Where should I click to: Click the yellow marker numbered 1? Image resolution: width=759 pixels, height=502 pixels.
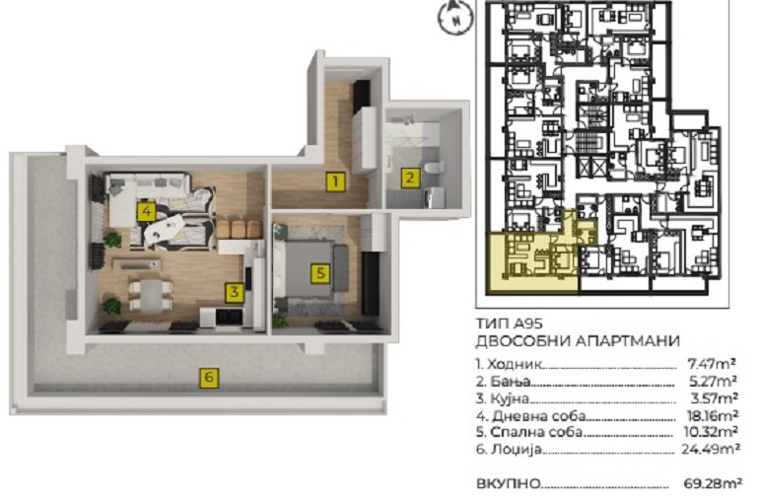point(335,181)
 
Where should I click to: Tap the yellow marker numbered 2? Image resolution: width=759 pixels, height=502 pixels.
point(410,178)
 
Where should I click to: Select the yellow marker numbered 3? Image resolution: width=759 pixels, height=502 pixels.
point(235,292)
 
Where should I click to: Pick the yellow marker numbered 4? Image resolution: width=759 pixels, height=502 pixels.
point(146,211)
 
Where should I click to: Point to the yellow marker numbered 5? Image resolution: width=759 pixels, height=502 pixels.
point(320,273)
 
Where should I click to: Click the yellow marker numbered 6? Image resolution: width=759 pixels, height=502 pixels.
point(209,377)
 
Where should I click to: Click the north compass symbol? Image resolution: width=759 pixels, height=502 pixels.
point(455,18)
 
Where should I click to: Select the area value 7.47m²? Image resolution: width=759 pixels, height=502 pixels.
point(712,363)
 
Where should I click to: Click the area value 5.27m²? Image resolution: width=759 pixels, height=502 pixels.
point(714,381)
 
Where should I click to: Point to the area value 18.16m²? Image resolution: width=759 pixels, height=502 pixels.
point(713,415)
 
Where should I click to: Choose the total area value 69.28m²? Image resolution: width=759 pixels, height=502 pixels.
point(713,483)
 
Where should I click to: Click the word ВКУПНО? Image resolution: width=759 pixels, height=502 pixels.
point(508,483)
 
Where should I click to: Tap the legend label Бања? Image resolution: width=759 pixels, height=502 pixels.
point(511,382)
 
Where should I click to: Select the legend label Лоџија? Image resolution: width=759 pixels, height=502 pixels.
point(515,450)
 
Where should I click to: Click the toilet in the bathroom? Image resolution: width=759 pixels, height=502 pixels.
point(434,167)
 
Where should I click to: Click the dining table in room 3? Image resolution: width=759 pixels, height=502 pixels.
point(150,295)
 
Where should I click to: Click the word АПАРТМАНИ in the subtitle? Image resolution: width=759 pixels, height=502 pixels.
point(628,341)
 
